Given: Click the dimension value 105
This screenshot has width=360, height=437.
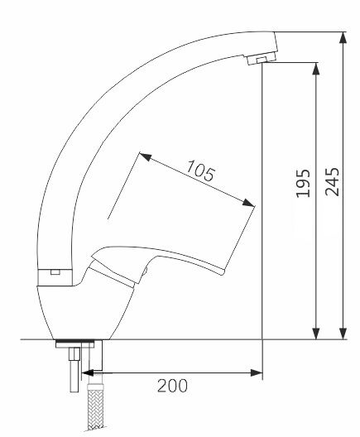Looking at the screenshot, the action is coord(200,170).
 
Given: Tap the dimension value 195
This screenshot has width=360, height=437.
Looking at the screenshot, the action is coord(303,183).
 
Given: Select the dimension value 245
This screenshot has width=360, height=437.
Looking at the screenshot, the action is coord(333,182).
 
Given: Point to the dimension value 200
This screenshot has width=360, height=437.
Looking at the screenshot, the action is coord(172,386).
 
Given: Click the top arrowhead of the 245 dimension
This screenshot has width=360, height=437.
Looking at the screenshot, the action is coord(343,37).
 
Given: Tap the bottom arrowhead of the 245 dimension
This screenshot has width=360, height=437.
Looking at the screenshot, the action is coord(343,334).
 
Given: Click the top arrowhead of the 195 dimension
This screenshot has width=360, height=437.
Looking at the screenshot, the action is coord(316,68).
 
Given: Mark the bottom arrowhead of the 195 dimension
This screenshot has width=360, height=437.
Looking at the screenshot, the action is coord(316,334).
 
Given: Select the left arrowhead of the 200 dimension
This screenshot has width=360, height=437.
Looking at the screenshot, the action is coord(88,372).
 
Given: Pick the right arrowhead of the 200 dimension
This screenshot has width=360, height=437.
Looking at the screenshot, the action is coord(257,372).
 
